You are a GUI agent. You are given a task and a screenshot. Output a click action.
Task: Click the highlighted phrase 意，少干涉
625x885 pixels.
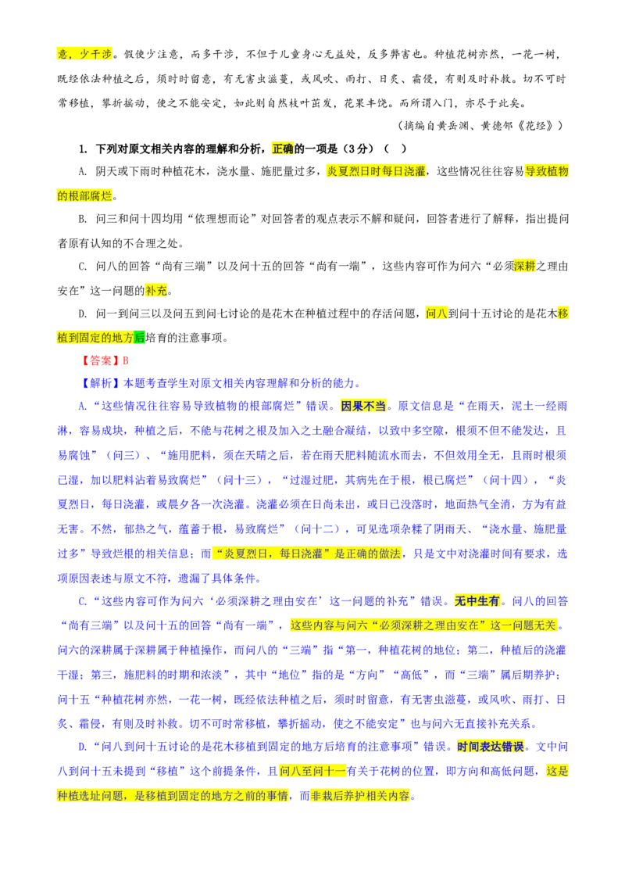tap(84, 54)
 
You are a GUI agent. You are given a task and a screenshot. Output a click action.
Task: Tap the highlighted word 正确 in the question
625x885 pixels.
tap(283, 149)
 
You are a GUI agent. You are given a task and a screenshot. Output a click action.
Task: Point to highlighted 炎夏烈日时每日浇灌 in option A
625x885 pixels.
tap(377, 171)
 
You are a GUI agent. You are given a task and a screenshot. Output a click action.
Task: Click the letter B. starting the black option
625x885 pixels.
tap(82, 219)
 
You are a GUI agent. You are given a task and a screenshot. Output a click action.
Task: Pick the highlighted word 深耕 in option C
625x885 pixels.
tap(524, 267)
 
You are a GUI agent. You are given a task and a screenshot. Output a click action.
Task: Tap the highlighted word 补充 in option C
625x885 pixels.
tap(156, 292)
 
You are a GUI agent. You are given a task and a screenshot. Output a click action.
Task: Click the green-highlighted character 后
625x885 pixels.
tap(139, 339)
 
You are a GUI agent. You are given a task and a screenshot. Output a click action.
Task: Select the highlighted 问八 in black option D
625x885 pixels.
tap(437, 314)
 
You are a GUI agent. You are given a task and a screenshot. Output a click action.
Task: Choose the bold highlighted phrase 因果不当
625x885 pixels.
tap(364, 407)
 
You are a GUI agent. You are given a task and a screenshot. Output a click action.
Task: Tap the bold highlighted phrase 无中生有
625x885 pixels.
tap(477, 602)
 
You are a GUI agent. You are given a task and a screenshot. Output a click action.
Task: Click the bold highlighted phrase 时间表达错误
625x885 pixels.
tap(491, 747)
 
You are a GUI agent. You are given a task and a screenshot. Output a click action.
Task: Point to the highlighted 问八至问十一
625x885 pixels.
tap(312, 772)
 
